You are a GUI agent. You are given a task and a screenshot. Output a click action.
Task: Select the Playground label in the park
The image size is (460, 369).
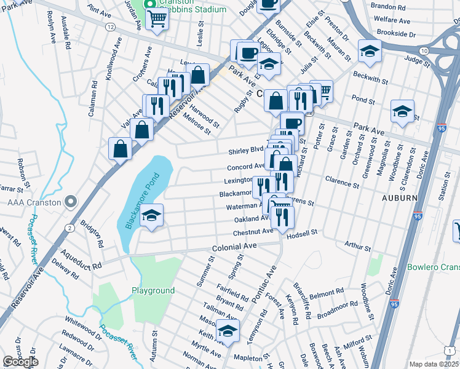153,290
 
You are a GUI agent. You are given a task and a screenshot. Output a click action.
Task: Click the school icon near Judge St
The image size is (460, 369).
370,51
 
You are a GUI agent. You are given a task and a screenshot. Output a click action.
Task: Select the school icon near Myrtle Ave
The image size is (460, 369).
228,331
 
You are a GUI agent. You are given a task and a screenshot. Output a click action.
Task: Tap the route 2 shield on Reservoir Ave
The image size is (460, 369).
70,228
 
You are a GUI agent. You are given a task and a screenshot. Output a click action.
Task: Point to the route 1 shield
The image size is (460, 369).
452,350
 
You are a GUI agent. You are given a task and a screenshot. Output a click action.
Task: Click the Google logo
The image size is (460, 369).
20,362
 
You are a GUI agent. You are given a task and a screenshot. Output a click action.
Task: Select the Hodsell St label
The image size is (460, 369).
302,232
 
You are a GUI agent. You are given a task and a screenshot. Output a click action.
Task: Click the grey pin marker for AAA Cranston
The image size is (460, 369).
71,201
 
